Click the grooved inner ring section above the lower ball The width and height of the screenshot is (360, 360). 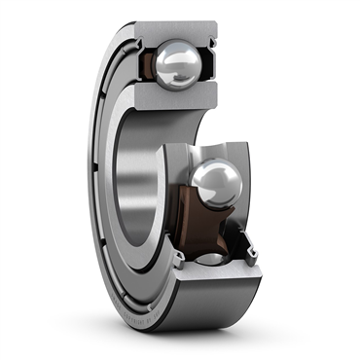pyautogui.click(x=209, y=150)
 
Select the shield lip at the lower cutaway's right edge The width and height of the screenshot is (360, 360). pyautogui.click(x=255, y=248)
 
